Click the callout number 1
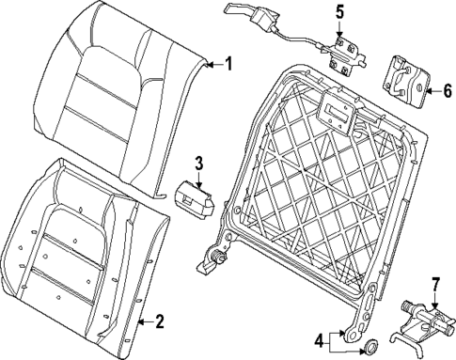coord(227,64)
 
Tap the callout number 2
coord(159,322)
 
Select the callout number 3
coord(198,164)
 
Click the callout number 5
coord(340,12)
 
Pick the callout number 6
coord(447,92)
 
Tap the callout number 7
coord(435,285)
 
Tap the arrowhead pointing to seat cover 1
coord(209,64)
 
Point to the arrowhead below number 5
coord(340,31)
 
